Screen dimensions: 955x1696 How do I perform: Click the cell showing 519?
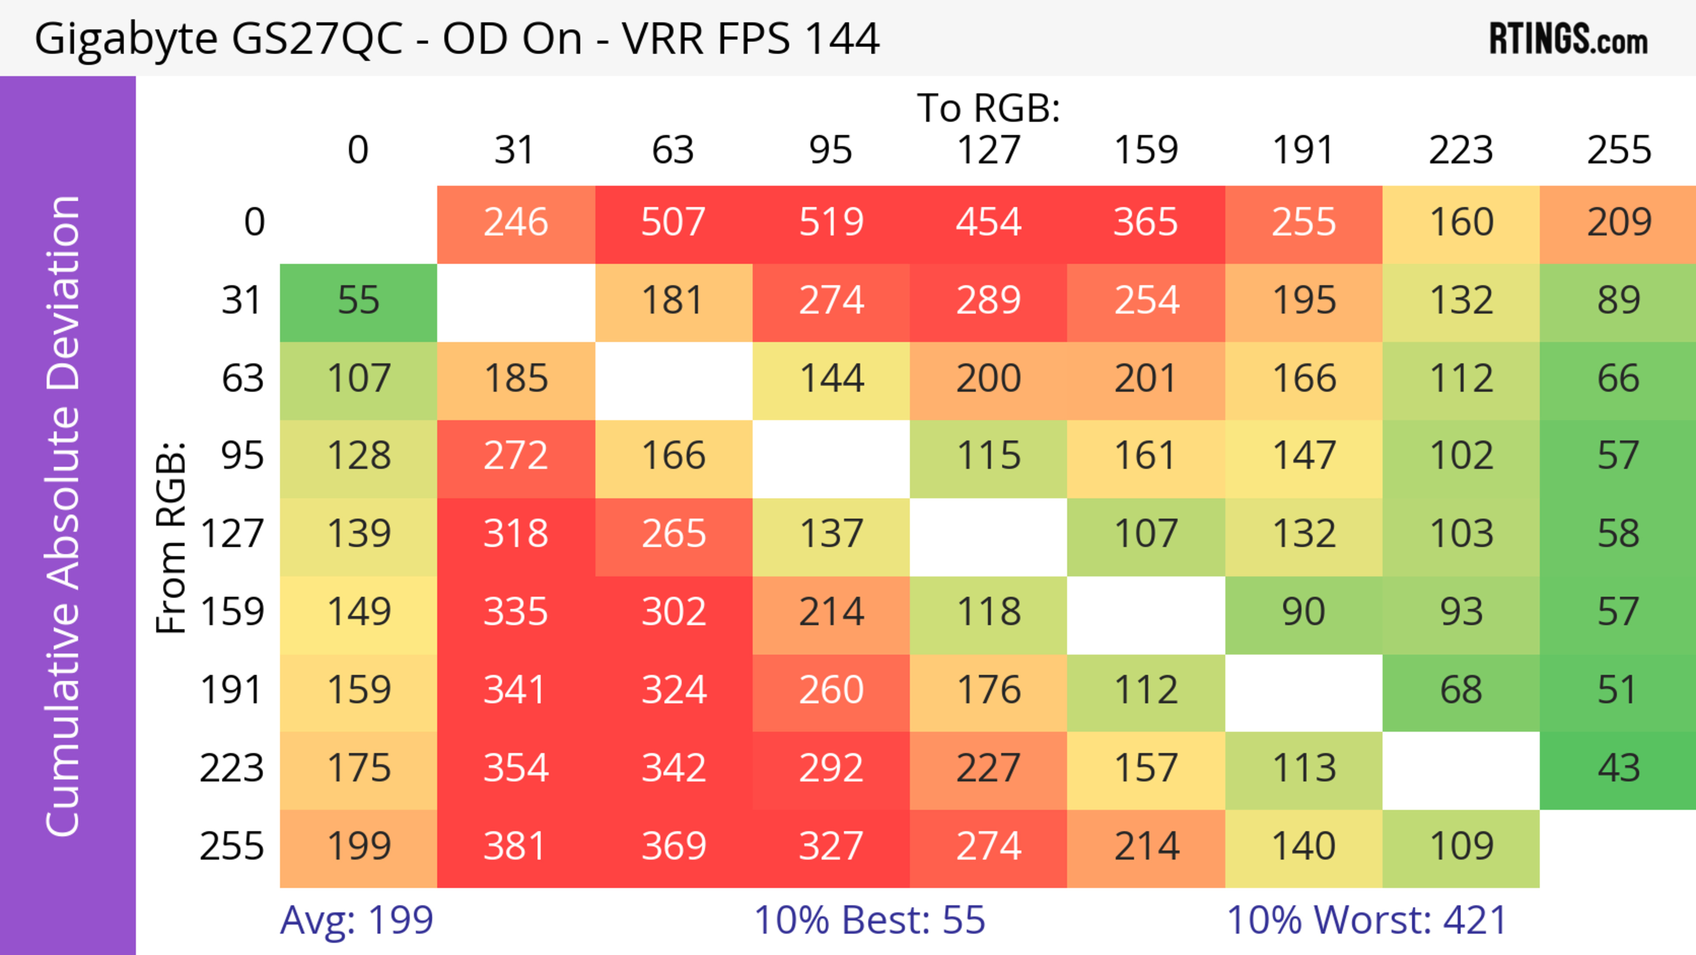coord(831,223)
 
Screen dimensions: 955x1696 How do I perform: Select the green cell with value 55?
coord(358,301)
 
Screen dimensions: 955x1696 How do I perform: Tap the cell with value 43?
coord(1618,769)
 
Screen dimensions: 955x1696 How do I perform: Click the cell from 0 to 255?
coord(1618,223)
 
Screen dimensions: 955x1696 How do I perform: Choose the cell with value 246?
coord(515,223)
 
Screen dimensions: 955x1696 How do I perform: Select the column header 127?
coord(988,150)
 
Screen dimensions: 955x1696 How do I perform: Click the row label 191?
coord(232,690)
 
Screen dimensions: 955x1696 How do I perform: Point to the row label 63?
coord(242,379)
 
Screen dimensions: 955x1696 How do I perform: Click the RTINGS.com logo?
coord(1568,39)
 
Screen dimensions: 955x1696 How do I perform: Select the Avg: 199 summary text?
coord(356,920)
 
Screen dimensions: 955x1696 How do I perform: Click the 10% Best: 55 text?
coord(869,920)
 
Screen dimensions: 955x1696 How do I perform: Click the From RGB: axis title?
coord(171,537)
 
